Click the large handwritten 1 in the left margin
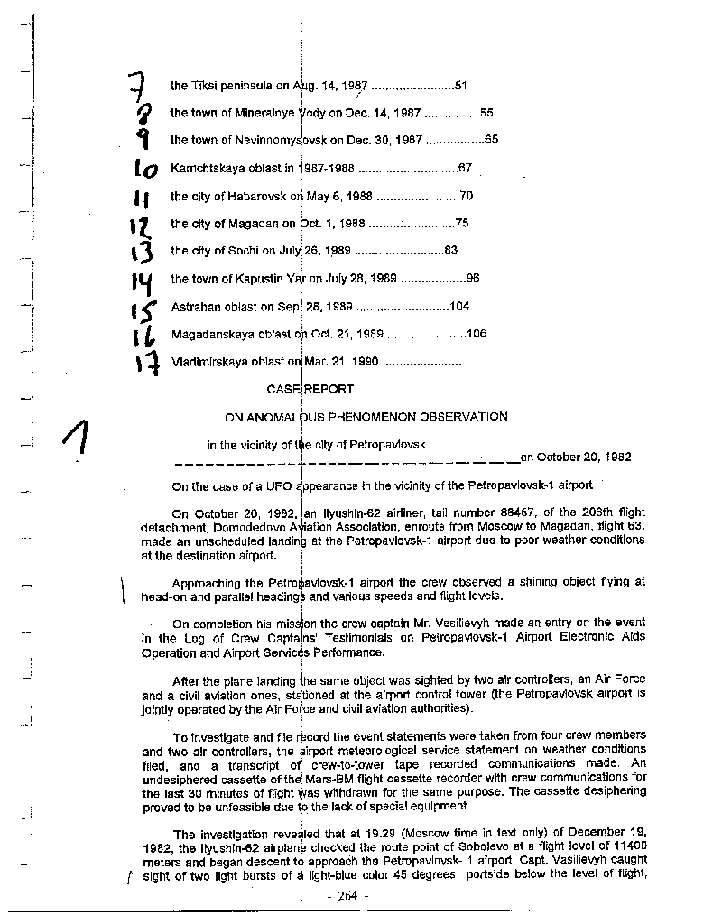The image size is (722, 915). pyautogui.click(x=78, y=443)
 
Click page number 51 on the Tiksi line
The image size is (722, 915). pyautogui.click(x=459, y=86)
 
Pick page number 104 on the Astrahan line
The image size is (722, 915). pyautogui.click(x=459, y=307)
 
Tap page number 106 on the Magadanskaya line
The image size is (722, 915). pyautogui.click(x=477, y=334)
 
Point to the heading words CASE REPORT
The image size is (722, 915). pyautogui.click(x=310, y=390)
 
